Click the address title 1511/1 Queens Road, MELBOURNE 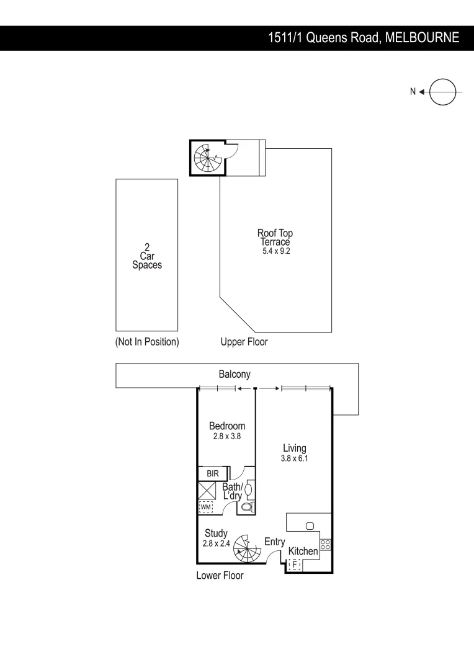363,38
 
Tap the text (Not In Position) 147,342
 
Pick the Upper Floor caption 244,342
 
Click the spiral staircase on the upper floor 206,158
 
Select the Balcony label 235,374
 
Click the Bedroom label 226,426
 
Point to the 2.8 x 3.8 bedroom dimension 226,436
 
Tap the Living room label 294,448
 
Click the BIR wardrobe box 213,473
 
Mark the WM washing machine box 205,507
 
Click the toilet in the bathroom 247,507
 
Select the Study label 216,534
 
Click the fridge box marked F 295,565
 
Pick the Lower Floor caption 220,576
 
